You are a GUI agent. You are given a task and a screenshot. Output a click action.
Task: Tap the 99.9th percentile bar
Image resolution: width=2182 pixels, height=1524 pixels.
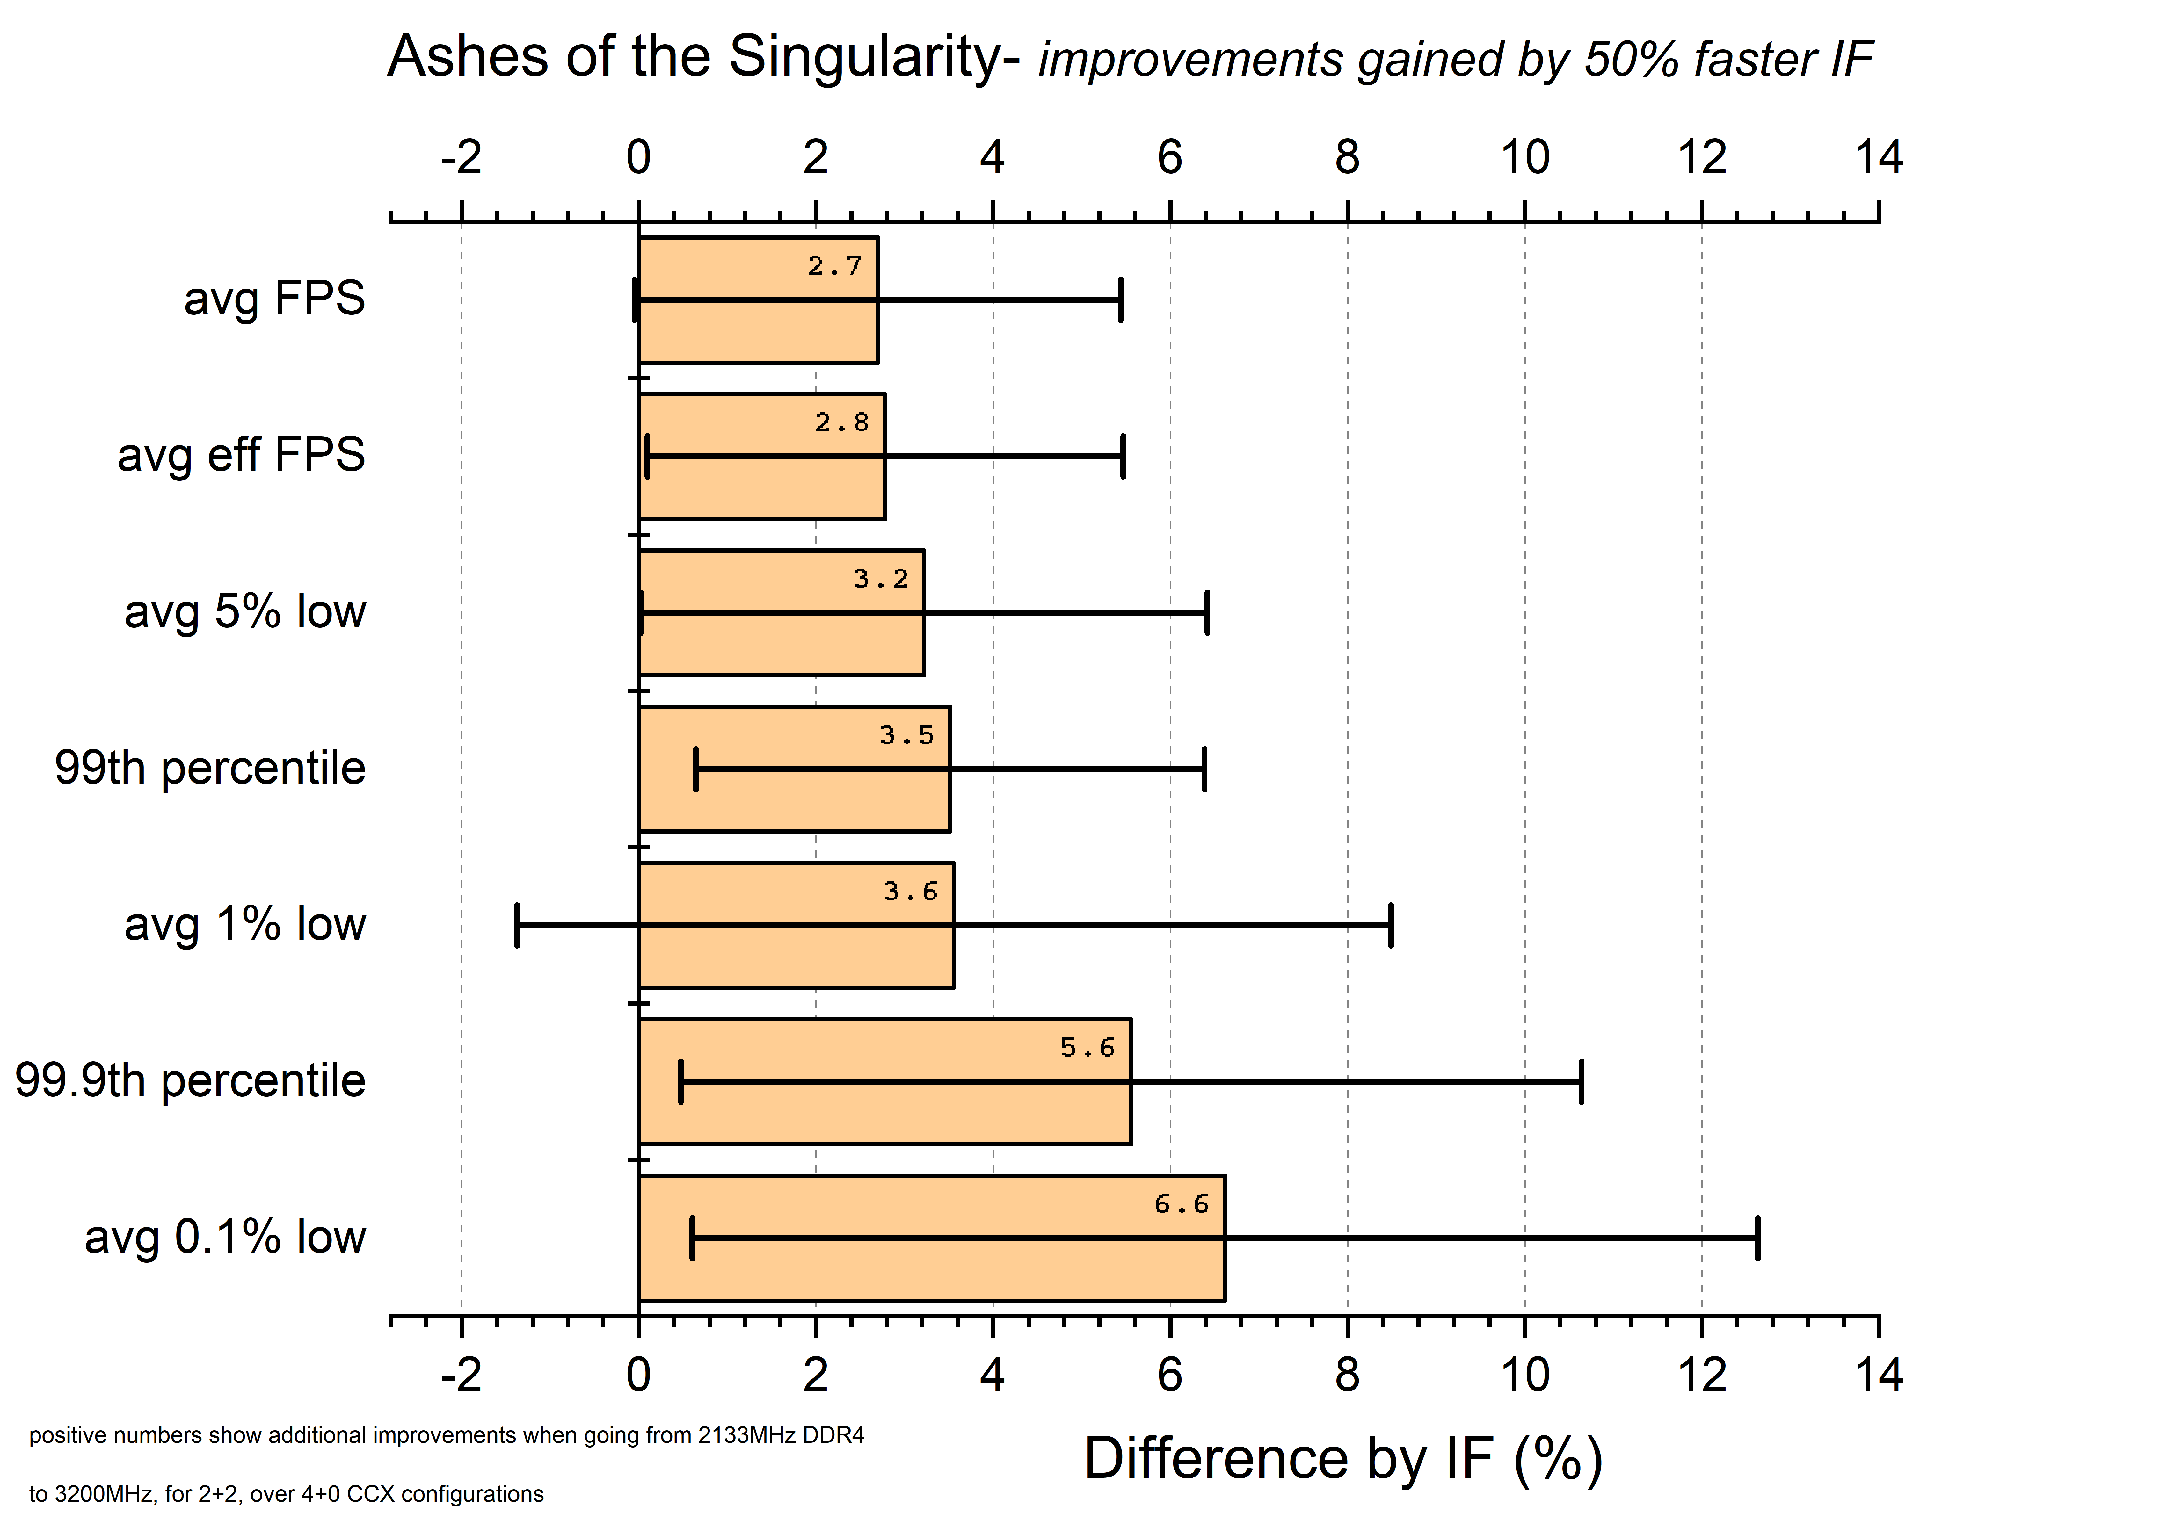tap(884, 1112)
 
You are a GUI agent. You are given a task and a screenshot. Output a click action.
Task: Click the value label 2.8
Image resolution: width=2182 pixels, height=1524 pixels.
tap(841, 423)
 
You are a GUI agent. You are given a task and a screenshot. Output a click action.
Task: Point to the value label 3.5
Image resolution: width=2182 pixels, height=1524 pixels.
tap(906, 735)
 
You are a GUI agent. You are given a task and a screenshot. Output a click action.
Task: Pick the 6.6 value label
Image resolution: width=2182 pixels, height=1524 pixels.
tap(1181, 1205)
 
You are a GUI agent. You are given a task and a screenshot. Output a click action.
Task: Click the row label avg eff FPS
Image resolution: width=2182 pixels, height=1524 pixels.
tap(240, 455)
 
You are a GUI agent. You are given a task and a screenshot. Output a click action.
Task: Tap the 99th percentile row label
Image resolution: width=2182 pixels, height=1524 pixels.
tap(209, 768)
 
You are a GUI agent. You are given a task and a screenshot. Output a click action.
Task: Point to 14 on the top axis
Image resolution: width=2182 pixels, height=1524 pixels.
tap(1878, 158)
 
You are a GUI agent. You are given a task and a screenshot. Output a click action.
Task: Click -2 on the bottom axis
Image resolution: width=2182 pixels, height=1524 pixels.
tap(461, 1375)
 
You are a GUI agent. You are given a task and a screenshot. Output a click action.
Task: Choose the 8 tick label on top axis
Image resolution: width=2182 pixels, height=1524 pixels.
tap(1347, 158)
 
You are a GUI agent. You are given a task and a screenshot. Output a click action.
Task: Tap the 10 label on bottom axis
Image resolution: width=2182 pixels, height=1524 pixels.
tap(1524, 1375)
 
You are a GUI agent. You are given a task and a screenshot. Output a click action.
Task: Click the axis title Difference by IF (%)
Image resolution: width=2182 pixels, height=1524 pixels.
tap(1343, 1458)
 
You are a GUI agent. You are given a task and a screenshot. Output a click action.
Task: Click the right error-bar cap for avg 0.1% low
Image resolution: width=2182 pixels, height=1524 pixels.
tap(1757, 1238)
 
